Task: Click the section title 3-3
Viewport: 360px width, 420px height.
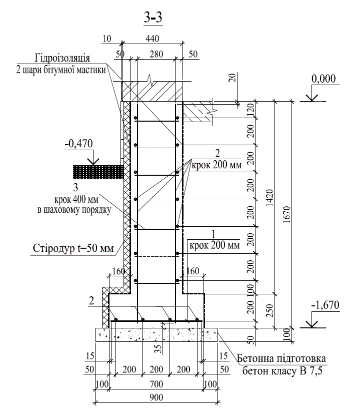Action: point(153,18)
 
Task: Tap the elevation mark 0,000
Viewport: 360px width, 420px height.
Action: point(323,79)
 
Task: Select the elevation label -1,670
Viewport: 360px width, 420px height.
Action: point(325,305)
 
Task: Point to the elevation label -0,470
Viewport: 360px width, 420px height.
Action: point(78,144)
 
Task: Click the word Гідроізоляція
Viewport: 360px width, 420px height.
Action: point(62,58)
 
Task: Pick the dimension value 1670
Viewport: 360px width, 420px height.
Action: point(286,215)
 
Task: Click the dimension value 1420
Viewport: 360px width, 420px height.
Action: point(270,198)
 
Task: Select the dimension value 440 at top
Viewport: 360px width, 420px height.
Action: point(152,39)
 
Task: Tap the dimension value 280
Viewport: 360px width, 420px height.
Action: point(156,54)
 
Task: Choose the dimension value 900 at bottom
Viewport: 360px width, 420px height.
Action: point(156,397)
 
